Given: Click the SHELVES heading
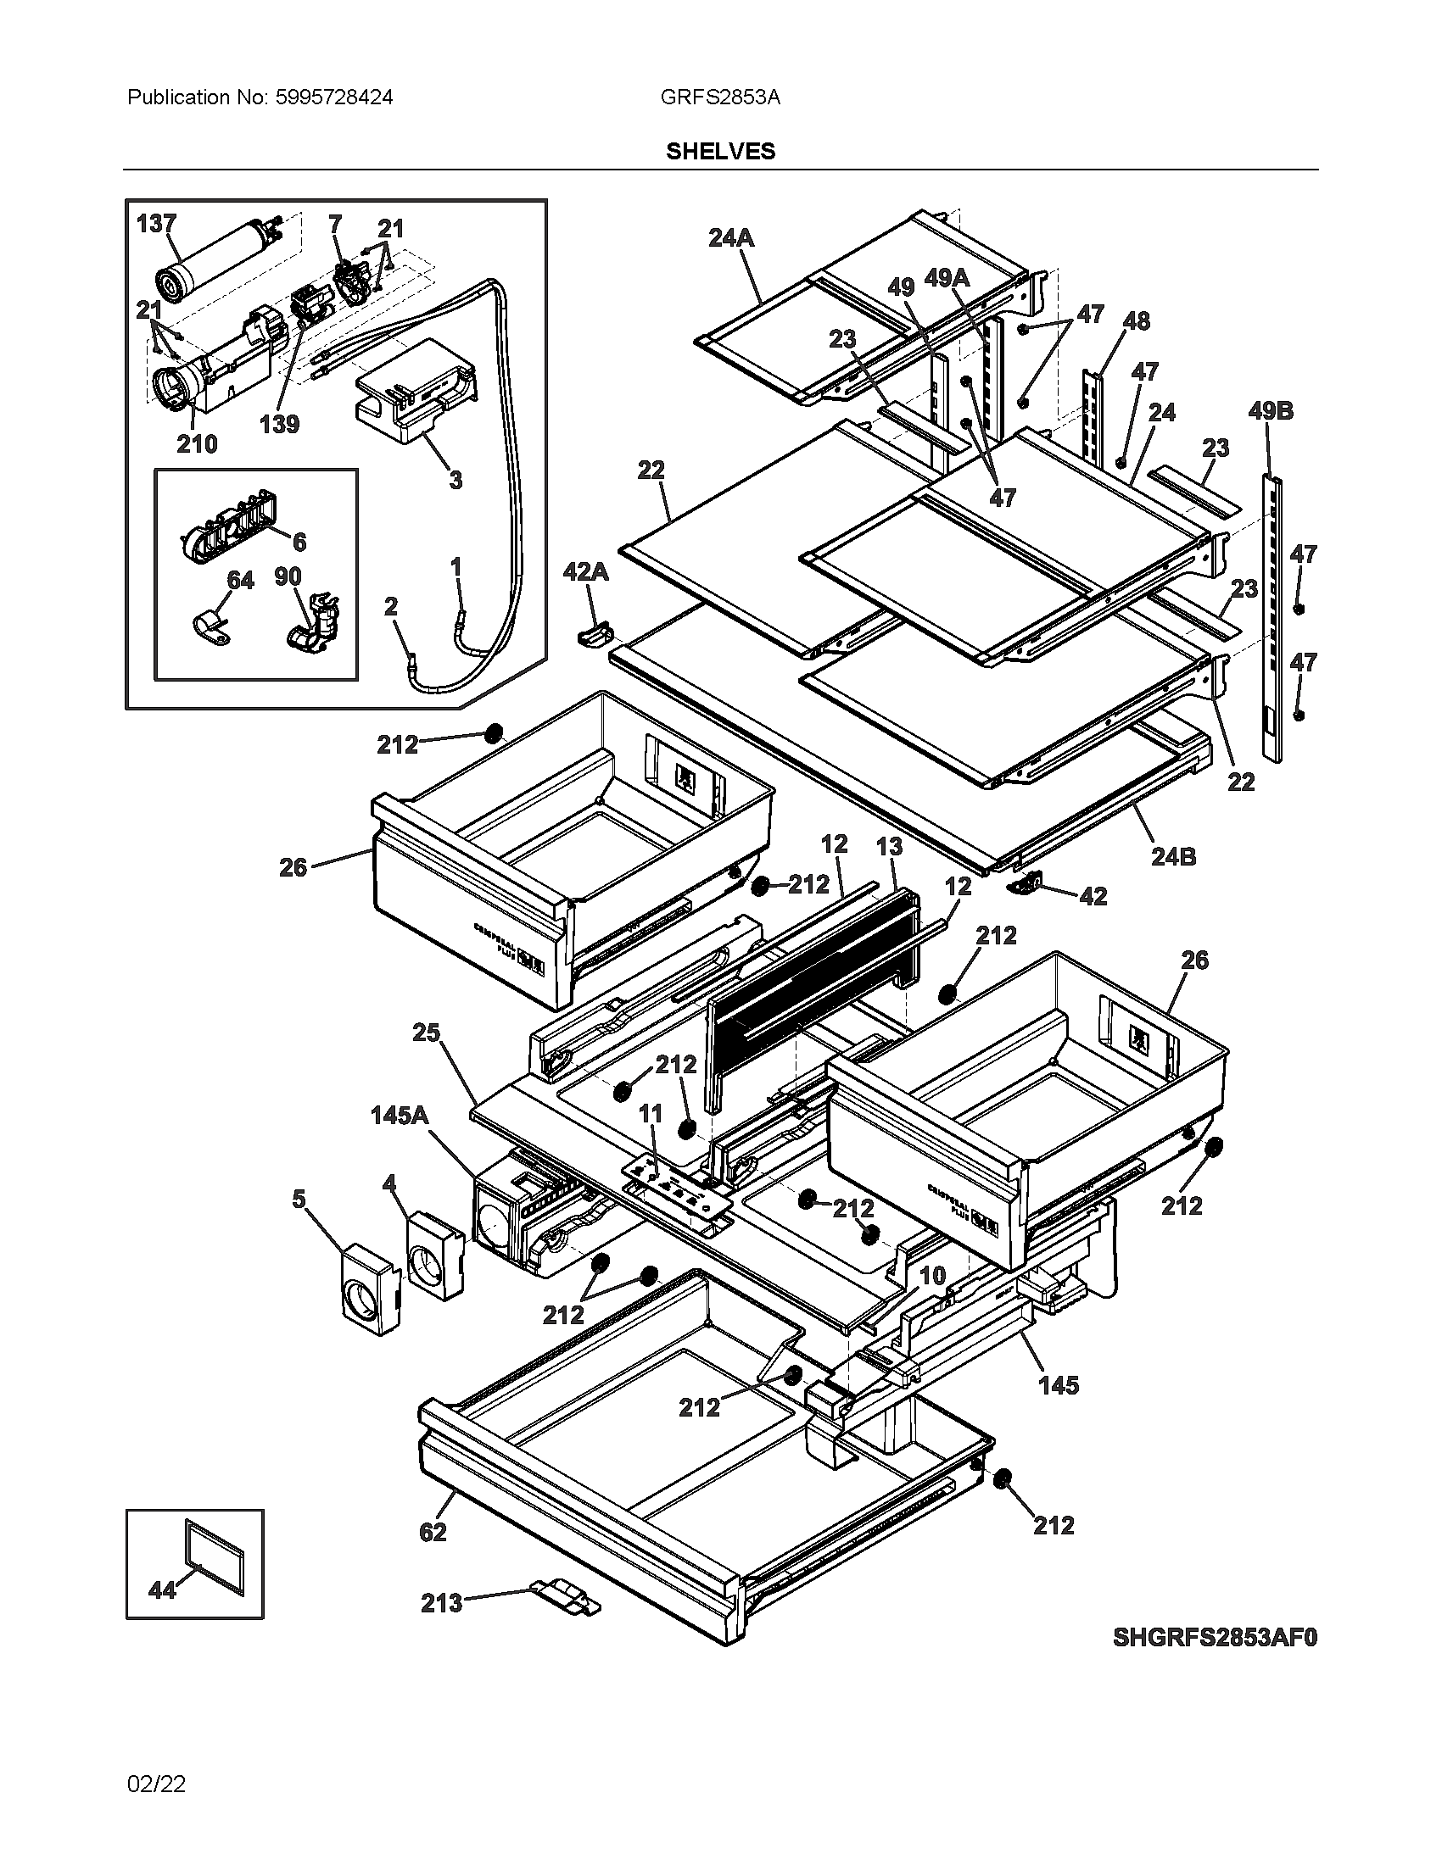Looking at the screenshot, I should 720,151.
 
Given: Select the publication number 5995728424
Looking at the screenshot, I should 334,97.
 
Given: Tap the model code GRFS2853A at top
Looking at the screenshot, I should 719,97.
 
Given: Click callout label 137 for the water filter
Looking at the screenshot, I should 156,224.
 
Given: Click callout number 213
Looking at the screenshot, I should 441,1603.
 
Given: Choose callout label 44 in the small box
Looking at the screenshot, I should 161,1589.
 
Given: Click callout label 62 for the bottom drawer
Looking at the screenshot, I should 433,1532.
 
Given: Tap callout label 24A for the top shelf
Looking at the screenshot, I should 731,238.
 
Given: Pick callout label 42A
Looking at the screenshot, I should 585,571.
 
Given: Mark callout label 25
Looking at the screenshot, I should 426,1033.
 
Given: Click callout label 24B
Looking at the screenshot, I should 1173,855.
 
